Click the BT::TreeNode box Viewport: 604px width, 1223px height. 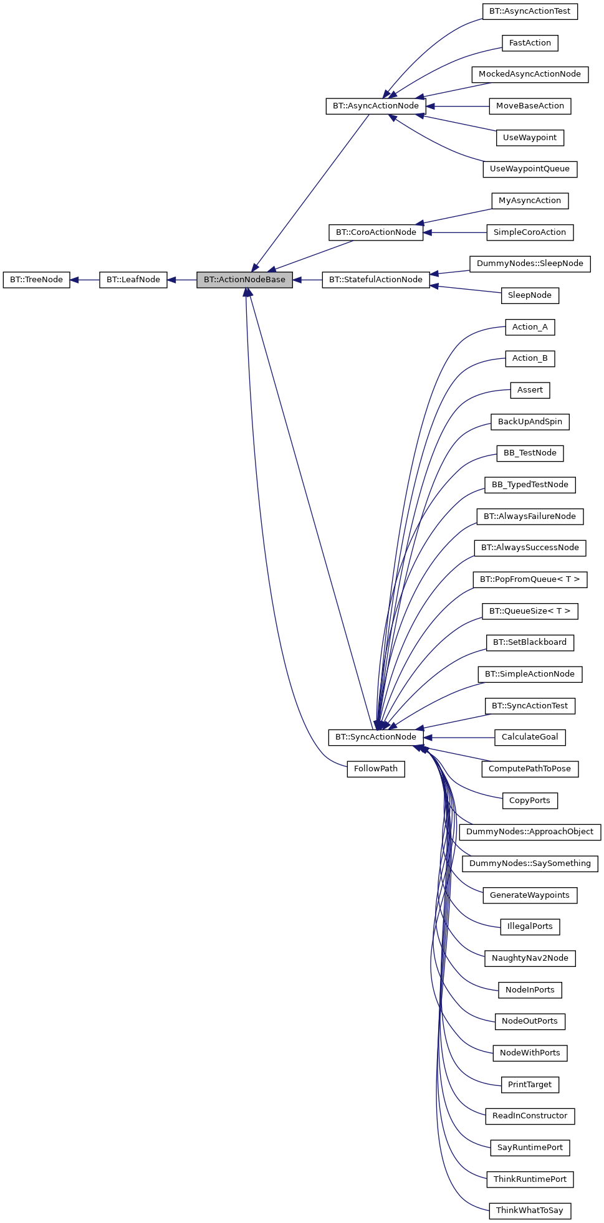(x=36, y=280)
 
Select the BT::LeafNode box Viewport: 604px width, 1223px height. (x=133, y=280)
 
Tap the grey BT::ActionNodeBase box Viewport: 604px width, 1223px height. (x=244, y=280)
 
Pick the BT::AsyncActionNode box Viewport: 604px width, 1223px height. (x=375, y=106)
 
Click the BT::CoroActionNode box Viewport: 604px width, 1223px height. (x=375, y=232)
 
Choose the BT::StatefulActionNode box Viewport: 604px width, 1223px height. (x=375, y=280)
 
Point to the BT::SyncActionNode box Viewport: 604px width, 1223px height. (x=375, y=737)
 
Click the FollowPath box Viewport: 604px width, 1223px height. (x=375, y=769)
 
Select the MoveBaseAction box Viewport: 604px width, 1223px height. (x=529, y=106)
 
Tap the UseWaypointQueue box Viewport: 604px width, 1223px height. (x=529, y=169)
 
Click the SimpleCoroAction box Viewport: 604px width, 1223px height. (x=529, y=232)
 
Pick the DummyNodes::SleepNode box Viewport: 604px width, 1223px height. (x=529, y=264)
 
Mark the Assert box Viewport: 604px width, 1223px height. (x=529, y=390)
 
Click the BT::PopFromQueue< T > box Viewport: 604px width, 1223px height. (x=529, y=579)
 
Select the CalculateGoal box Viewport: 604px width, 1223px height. (x=529, y=737)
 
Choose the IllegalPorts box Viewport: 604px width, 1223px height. (x=529, y=926)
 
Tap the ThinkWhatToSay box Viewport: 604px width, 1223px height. (x=529, y=1211)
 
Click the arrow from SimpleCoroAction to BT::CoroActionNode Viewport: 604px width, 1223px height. (x=455, y=232)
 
